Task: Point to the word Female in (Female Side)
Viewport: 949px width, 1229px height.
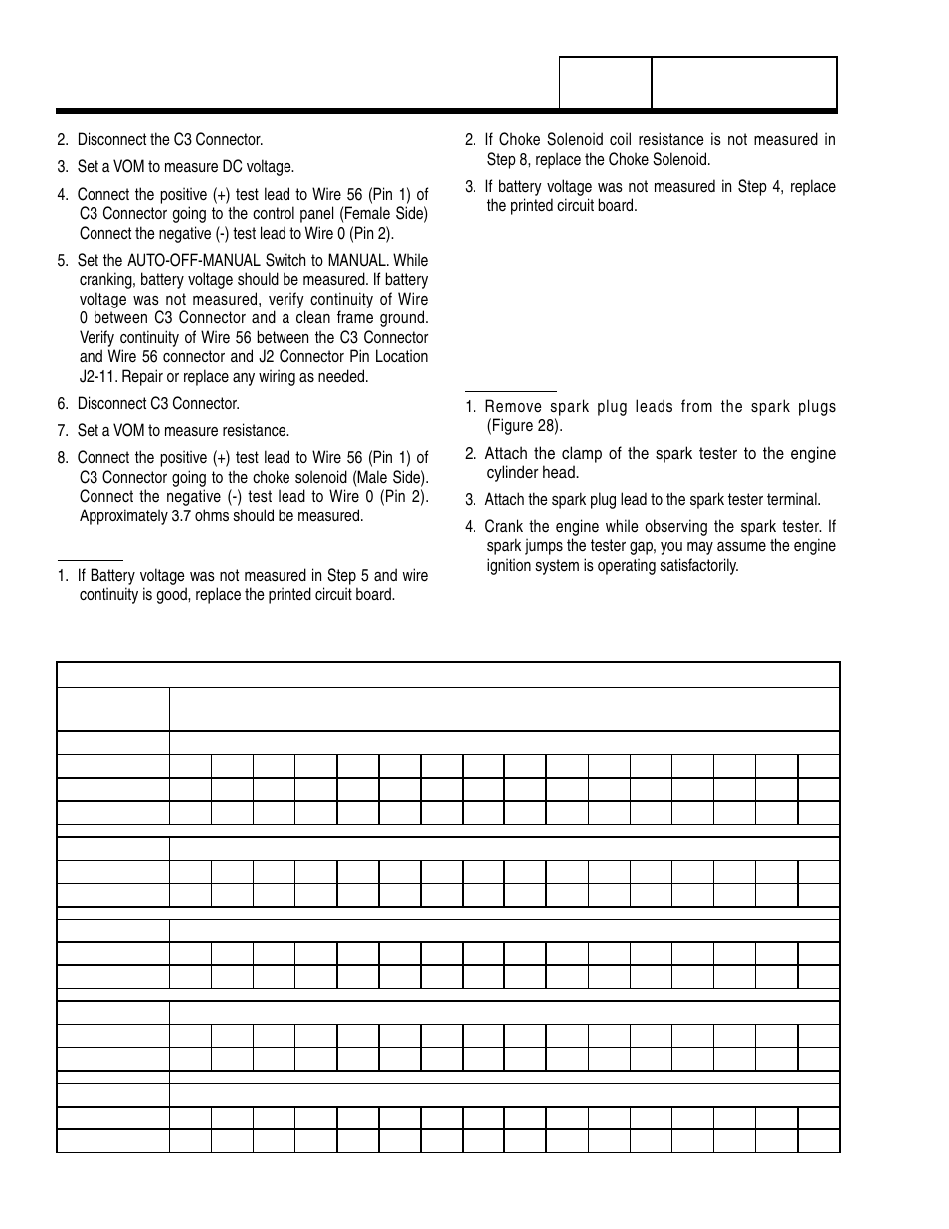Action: tap(372, 214)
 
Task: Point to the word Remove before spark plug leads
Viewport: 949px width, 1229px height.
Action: tap(514, 407)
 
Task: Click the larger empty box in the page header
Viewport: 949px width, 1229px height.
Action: tap(743, 83)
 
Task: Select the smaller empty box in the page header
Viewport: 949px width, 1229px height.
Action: tap(605, 83)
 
